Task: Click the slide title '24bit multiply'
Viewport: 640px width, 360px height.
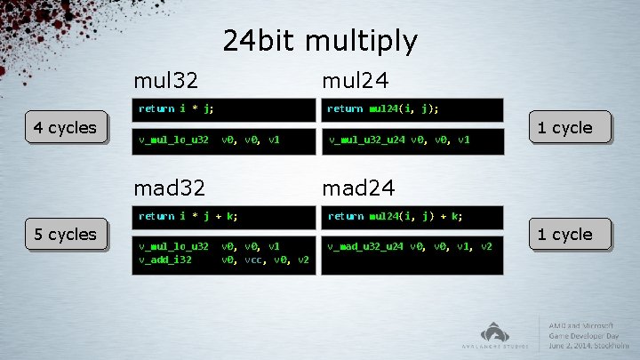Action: coord(319,41)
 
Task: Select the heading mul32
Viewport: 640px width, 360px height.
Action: coord(165,81)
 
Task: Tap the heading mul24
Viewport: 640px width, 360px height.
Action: coord(355,81)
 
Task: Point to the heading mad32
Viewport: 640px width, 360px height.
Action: coord(170,188)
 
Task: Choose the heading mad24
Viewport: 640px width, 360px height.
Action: coord(358,188)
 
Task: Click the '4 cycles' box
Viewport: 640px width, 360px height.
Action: coord(64,128)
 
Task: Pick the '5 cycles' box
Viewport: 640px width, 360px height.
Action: coord(64,235)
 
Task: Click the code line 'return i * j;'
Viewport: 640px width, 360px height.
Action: coord(176,109)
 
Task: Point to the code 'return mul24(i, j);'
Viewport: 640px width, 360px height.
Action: coord(383,109)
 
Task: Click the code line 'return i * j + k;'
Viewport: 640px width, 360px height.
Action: coord(188,216)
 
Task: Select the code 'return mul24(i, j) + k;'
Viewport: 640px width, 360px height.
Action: coord(394,216)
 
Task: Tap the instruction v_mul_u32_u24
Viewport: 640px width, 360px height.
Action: coord(365,140)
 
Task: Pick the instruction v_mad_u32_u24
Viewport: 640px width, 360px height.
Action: coord(365,246)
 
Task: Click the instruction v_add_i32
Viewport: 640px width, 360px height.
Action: coord(165,260)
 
